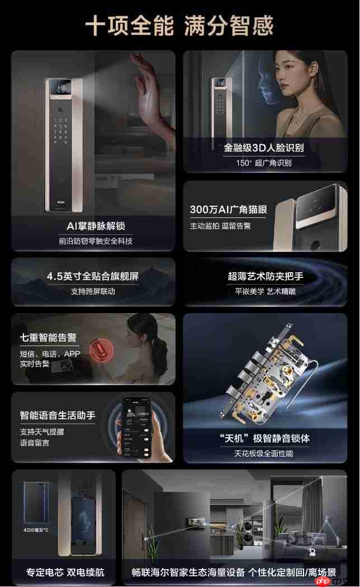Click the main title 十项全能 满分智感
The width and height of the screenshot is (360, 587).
179,26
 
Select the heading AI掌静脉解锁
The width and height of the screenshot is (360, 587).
95,226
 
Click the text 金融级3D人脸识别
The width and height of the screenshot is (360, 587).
264,148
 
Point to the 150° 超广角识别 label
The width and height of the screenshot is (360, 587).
264,163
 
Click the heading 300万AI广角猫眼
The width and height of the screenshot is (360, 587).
228,210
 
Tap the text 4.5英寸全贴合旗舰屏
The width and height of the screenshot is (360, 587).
93,276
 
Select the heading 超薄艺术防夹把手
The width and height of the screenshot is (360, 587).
266,276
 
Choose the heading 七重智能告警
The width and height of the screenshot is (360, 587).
48,338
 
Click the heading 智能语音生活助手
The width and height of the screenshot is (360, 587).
58,415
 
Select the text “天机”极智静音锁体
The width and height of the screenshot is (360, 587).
264,438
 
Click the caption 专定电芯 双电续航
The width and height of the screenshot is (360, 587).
65,572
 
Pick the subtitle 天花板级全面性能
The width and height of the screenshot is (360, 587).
264,453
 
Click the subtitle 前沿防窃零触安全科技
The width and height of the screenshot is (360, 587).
95,241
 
